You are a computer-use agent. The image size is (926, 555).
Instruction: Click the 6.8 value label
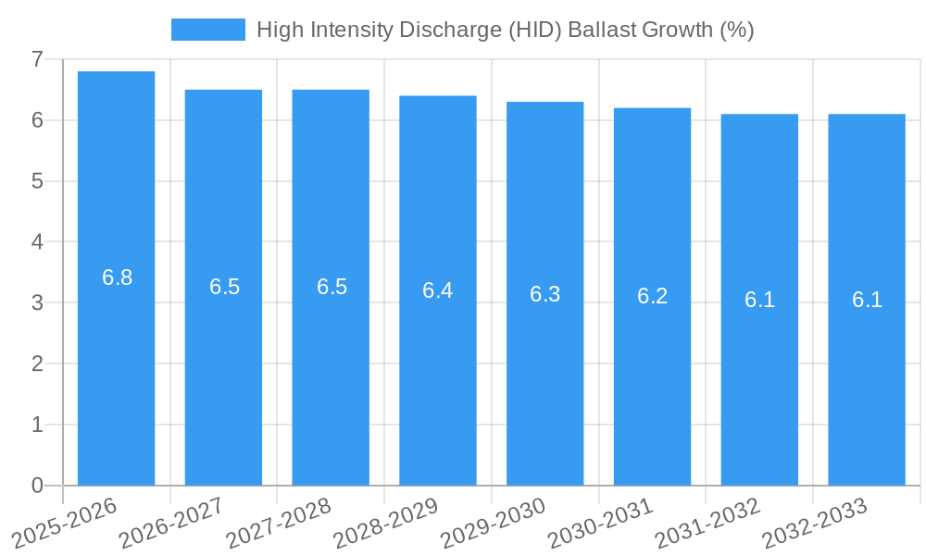coord(118,277)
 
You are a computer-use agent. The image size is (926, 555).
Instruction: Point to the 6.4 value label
coord(438,290)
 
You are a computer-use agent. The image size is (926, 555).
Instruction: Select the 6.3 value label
coord(545,294)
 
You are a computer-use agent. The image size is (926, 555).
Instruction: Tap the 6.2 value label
coord(652,297)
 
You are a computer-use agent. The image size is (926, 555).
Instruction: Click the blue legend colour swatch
coord(208,30)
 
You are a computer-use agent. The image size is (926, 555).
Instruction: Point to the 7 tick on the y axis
coord(37,59)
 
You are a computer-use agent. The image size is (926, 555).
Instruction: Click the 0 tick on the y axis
coord(37,486)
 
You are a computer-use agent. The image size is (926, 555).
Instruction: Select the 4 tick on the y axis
coord(37,242)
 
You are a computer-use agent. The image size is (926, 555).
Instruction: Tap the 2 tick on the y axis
coord(37,364)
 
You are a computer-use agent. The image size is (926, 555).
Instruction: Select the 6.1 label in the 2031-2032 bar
coord(759,300)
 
